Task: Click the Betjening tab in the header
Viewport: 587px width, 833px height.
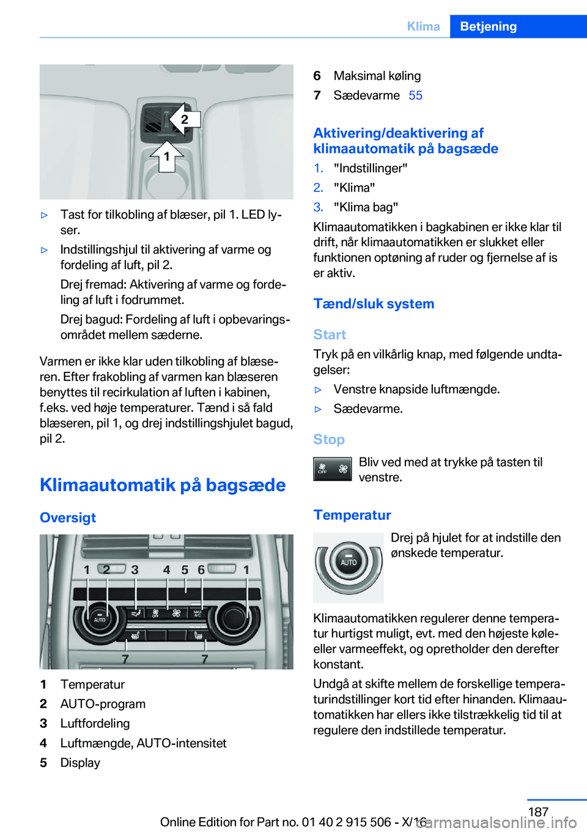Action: tap(488, 26)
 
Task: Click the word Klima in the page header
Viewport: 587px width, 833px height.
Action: tap(423, 26)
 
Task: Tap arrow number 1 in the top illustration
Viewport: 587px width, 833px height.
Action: tap(166, 156)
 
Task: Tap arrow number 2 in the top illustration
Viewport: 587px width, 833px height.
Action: tap(183, 119)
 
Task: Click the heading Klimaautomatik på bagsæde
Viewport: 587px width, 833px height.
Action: tap(163, 485)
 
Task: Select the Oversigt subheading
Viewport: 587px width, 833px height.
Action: tap(68, 517)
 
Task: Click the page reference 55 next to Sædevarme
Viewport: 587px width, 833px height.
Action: tap(415, 95)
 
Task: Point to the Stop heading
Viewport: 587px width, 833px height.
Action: tap(329, 439)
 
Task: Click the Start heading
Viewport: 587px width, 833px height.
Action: tap(330, 335)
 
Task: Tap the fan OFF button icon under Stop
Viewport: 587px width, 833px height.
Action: tap(332, 469)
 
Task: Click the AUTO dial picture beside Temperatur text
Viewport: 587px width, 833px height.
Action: tap(349, 567)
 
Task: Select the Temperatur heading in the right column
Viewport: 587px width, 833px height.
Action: tap(352, 515)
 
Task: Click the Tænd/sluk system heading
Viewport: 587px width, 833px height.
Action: tap(374, 304)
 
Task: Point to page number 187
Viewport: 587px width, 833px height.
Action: tap(538, 812)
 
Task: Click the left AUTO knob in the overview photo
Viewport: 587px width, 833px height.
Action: tap(98, 619)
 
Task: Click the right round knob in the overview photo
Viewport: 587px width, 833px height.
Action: tap(234, 618)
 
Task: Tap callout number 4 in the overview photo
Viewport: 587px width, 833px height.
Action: tap(166, 569)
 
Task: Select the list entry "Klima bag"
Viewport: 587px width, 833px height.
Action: tap(366, 207)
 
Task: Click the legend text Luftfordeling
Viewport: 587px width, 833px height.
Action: tap(95, 724)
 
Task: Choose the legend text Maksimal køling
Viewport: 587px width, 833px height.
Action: tap(377, 76)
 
